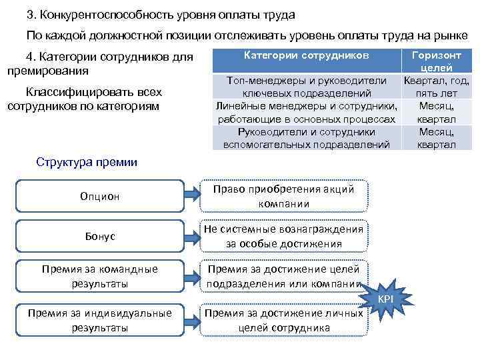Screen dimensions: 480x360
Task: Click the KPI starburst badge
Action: [386, 298]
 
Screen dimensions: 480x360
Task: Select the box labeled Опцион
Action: [99, 196]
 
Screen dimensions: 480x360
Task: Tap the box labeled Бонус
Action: [99, 237]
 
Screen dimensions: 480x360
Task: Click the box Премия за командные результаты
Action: [99, 277]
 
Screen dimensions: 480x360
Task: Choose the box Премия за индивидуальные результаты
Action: [99, 321]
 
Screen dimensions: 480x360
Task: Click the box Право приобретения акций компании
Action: [283, 196]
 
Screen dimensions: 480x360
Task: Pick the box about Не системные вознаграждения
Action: [283, 237]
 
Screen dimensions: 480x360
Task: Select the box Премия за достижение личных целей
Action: [283, 321]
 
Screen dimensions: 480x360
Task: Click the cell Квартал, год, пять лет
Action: [437, 87]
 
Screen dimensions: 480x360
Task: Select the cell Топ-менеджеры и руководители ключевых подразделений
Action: [307, 87]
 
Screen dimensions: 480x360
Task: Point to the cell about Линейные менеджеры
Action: [307, 112]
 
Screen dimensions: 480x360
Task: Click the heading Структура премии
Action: [87, 161]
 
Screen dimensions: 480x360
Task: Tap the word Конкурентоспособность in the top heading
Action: [107, 14]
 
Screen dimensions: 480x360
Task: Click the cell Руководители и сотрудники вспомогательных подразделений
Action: [307, 137]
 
